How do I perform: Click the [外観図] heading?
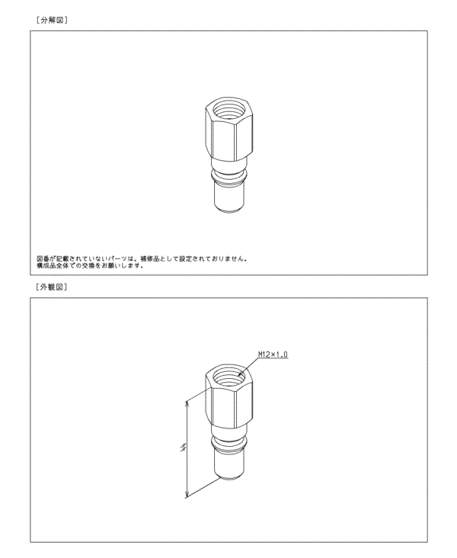coord(52,287)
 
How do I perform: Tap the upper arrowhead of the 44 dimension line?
coord(187,402)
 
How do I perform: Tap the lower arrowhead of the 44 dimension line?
coord(187,496)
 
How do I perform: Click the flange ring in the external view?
coord(227,444)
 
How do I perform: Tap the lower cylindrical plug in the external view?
coord(227,465)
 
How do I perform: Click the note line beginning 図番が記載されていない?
coord(142,258)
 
